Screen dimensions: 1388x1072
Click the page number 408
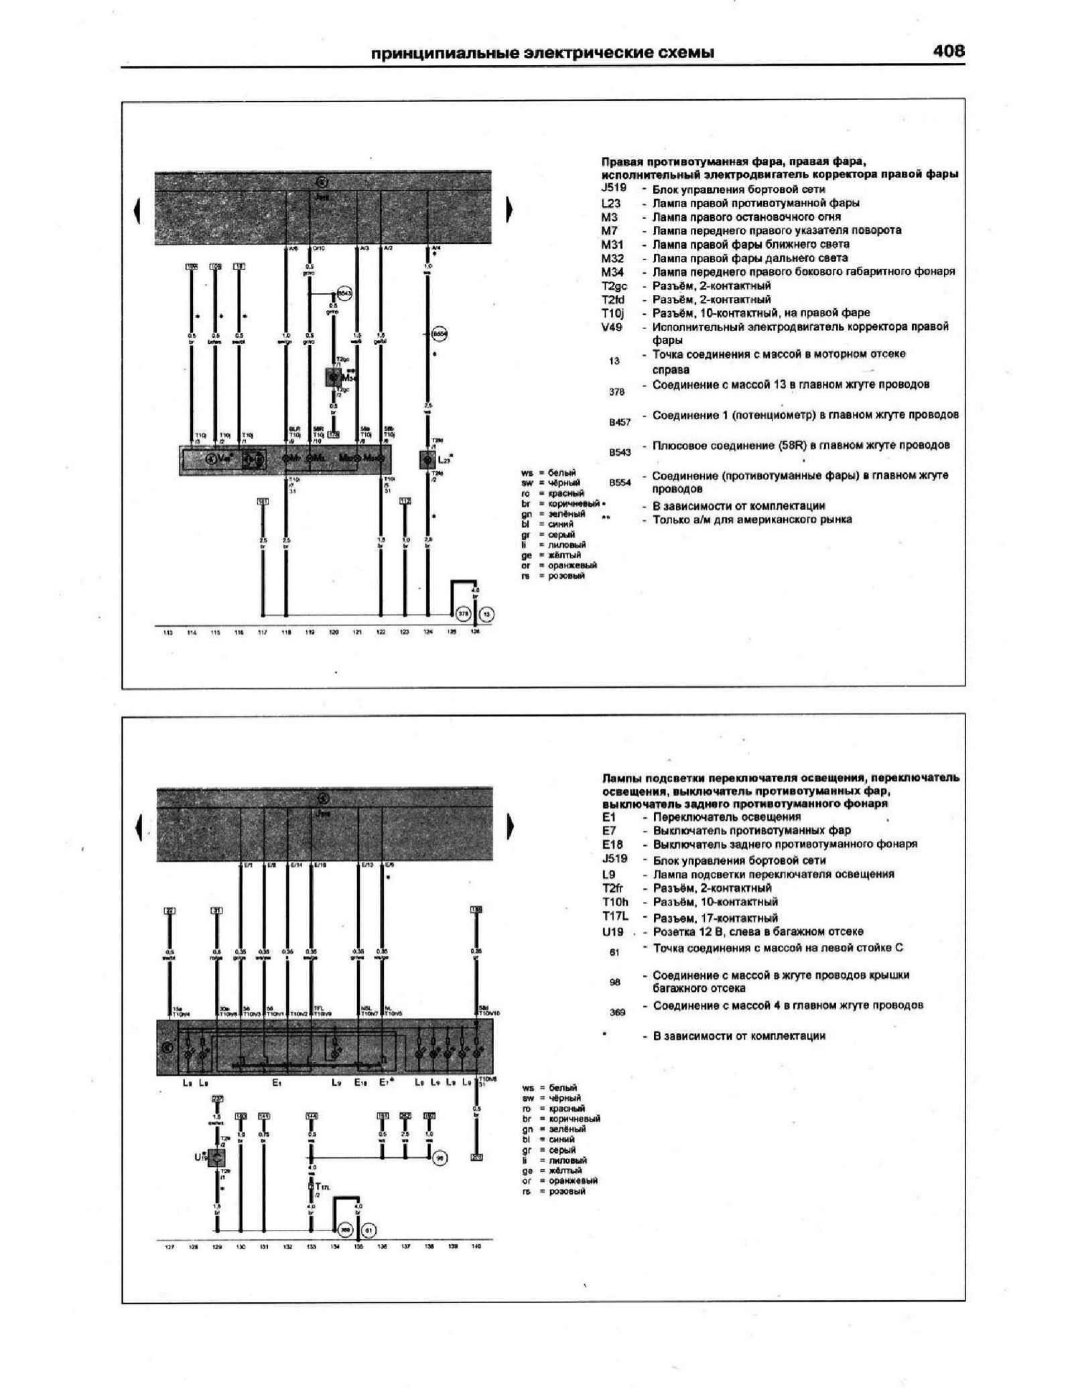click(948, 52)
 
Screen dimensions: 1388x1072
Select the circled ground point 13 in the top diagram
click(487, 614)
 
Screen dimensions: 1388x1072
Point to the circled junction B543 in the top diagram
click(344, 294)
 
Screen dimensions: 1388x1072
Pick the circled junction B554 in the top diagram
click(440, 333)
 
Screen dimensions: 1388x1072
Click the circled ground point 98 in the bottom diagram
click(441, 1157)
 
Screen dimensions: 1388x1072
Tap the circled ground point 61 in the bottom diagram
click(368, 1231)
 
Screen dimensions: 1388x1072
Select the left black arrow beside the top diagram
click(138, 210)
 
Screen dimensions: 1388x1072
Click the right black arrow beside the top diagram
click(509, 210)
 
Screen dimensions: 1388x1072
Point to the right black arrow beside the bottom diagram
click(510, 827)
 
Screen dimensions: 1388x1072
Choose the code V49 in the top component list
click(612, 327)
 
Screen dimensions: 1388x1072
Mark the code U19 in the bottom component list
click(613, 932)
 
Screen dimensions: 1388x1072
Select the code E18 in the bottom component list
click(613, 844)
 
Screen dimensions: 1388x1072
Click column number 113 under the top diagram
click(168, 632)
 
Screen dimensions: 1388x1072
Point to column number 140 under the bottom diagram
click(476, 1247)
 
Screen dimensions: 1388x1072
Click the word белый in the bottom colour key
click(563, 1088)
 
